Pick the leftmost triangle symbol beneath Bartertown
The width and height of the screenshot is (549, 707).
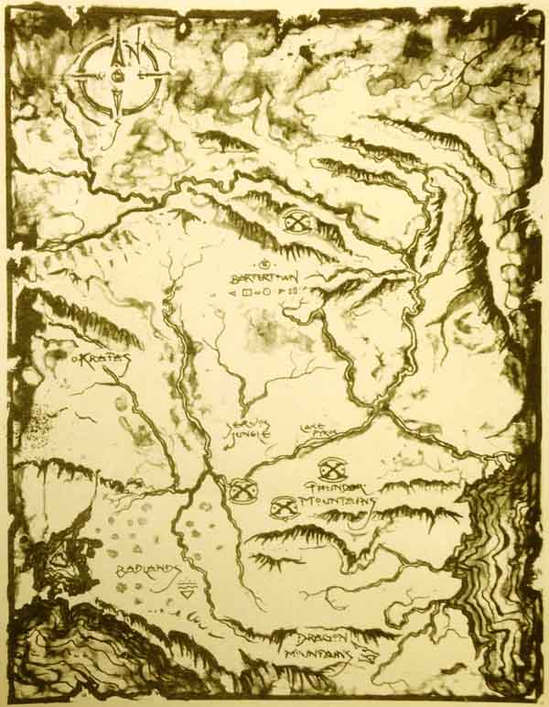point(232,293)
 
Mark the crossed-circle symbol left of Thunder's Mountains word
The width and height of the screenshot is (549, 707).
point(284,506)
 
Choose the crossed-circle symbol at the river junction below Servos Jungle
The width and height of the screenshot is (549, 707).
point(242,492)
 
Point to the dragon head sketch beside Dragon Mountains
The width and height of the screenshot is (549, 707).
point(367,654)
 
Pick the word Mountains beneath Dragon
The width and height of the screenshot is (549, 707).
point(321,656)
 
